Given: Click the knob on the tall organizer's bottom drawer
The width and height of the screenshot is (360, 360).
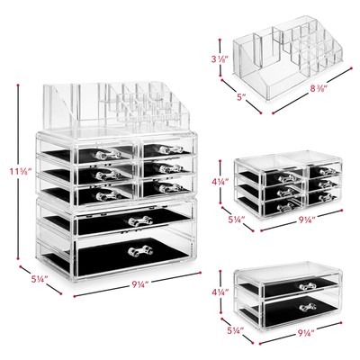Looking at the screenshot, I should [x=139, y=251].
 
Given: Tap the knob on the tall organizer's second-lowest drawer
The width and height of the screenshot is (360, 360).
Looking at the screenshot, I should [x=139, y=220].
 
